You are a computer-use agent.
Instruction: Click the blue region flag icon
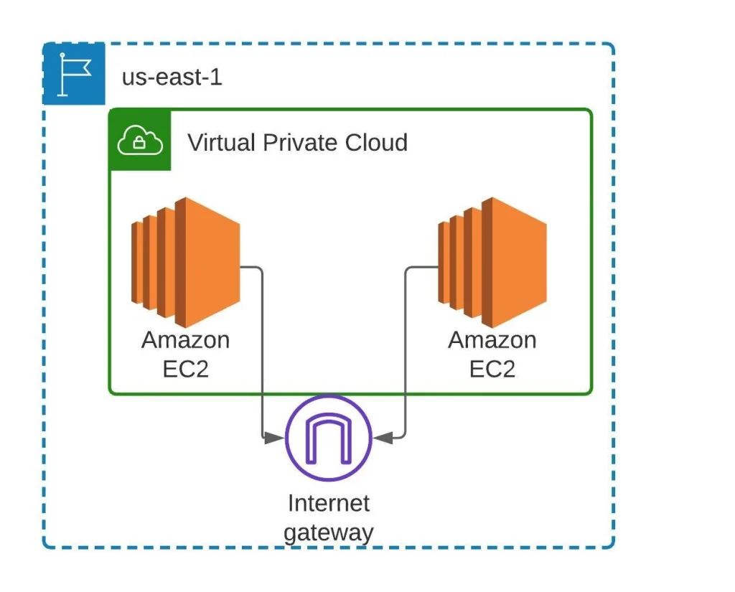pyautogui.click(x=74, y=74)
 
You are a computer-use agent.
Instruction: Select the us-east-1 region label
pyautogui.click(x=172, y=77)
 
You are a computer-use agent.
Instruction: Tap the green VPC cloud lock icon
pyautogui.click(x=140, y=140)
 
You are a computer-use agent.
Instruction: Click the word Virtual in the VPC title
pyautogui.click(x=222, y=143)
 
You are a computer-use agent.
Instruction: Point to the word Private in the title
pyautogui.click(x=301, y=143)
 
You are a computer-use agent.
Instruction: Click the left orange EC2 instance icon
pyautogui.click(x=186, y=263)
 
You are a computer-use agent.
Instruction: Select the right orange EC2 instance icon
pyautogui.click(x=492, y=263)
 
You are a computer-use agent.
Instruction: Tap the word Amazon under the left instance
pyautogui.click(x=186, y=340)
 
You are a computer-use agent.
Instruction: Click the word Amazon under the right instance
pyautogui.click(x=492, y=340)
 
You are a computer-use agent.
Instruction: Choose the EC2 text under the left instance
pyautogui.click(x=186, y=369)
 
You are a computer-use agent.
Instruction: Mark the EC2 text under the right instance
pyautogui.click(x=492, y=369)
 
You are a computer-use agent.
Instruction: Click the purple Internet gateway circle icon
pyautogui.click(x=329, y=438)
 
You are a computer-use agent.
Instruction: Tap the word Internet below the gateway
pyautogui.click(x=329, y=504)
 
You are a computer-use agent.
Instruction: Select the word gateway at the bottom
pyautogui.click(x=329, y=533)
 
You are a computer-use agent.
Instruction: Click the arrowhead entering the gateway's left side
pyautogui.click(x=274, y=438)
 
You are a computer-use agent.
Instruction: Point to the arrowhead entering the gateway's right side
pyautogui.click(x=383, y=438)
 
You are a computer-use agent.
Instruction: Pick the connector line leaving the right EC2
pyautogui.click(x=405, y=352)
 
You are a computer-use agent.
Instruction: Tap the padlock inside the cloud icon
pyautogui.click(x=139, y=142)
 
